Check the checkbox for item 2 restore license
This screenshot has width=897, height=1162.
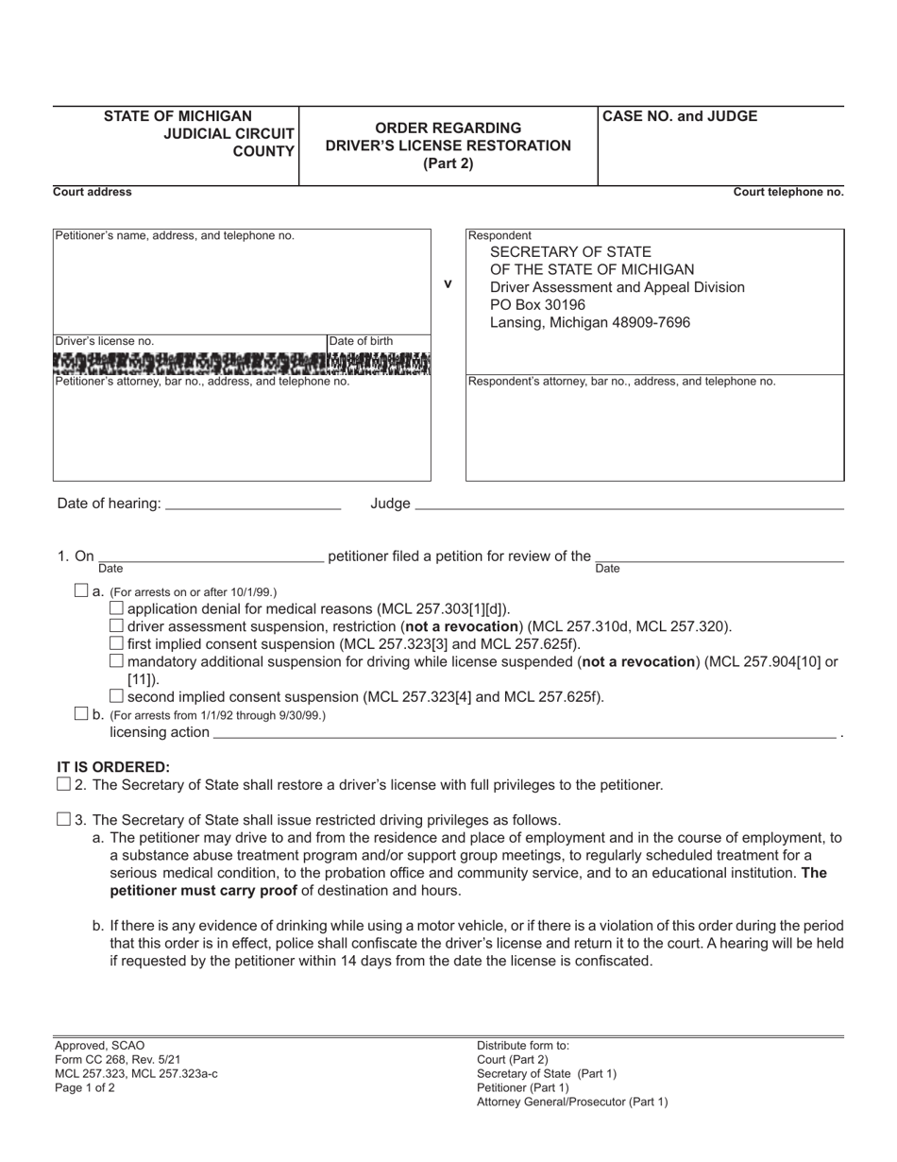[63, 784]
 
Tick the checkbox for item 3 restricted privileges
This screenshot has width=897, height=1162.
[63, 819]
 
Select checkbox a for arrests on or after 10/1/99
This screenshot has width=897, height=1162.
[80, 590]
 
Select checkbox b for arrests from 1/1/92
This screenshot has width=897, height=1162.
[80, 714]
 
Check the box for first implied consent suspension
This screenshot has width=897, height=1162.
[117, 643]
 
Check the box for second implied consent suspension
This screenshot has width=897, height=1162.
[117, 697]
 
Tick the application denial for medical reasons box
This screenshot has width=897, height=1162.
[117, 608]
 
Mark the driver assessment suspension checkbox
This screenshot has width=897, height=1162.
[117, 625]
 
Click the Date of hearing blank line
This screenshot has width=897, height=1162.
[252, 504]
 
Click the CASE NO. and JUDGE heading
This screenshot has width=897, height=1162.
[680, 117]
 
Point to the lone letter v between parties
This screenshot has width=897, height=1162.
[448, 282]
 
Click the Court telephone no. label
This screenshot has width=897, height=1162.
[788, 192]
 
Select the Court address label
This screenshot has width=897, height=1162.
[93, 192]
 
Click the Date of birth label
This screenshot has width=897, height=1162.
[362, 341]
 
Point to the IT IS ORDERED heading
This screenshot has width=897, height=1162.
[113, 766]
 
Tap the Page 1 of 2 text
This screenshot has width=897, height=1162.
[85, 1087]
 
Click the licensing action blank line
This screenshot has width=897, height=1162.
[524, 733]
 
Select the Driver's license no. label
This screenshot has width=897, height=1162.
[105, 341]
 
